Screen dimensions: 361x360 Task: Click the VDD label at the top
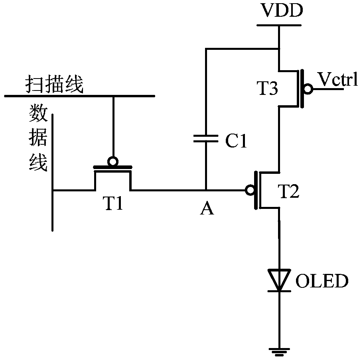(x=282, y=10)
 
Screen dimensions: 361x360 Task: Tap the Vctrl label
(x=337, y=79)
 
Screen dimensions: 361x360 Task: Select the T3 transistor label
(x=267, y=88)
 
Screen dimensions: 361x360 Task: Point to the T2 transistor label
(x=289, y=191)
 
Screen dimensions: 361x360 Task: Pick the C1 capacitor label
(x=236, y=141)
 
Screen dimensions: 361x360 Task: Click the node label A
(x=207, y=209)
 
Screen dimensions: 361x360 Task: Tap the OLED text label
(x=322, y=281)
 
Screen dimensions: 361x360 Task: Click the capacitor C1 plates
(x=206, y=138)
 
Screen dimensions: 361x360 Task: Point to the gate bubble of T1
(x=113, y=161)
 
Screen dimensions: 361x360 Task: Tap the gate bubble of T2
(x=250, y=190)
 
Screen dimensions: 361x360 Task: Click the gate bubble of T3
(x=308, y=89)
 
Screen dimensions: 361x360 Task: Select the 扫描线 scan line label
(x=54, y=84)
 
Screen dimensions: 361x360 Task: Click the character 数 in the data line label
(x=38, y=113)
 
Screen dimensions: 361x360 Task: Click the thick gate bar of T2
(x=256, y=190)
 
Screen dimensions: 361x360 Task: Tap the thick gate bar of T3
(x=302, y=89)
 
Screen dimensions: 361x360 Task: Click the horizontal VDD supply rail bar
(x=279, y=25)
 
